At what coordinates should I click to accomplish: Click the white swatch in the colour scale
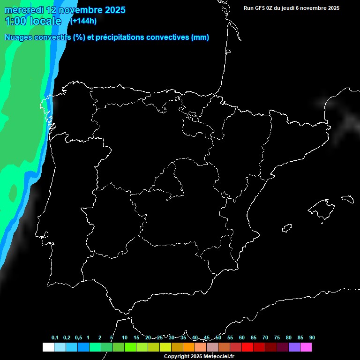click(48, 347)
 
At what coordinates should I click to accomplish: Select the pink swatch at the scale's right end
click(306, 347)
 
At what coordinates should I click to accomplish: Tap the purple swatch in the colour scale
click(294, 347)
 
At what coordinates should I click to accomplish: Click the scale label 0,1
click(55, 338)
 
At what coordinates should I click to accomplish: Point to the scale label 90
click(312, 338)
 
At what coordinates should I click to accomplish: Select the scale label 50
click(218, 338)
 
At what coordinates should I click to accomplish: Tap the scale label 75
click(277, 338)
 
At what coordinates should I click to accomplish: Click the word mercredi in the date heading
click(24, 10)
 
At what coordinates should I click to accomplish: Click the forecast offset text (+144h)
click(83, 21)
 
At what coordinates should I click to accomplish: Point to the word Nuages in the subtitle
click(18, 37)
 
